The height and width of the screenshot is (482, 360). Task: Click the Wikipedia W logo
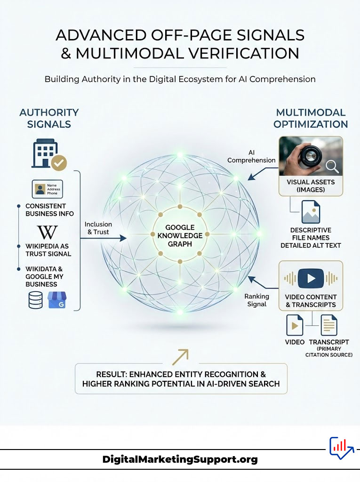click(x=47, y=232)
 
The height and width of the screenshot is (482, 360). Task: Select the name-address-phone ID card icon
click(x=47, y=189)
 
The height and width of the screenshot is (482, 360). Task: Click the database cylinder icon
click(x=35, y=300)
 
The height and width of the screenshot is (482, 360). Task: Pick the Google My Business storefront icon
click(x=57, y=300)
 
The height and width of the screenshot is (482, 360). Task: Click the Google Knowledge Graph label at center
click(x=177, y=235)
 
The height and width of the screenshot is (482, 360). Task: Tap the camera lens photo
click(x=311, y=157)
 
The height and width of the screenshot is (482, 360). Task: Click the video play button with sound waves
click(x=311, y=278)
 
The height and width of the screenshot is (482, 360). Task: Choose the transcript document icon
click(x=329, y=325)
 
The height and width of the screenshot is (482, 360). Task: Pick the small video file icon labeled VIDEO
click(x=295, y=325)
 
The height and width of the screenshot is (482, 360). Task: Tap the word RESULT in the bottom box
click(x=111, y=374)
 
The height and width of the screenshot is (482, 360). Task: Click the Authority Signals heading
click(x=49, y=118)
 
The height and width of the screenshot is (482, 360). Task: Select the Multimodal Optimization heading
click(x=311, y=118)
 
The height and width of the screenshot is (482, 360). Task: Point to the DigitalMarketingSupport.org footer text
click(x=180, y=459)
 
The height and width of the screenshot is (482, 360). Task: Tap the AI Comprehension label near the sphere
click(x=251, y=157)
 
